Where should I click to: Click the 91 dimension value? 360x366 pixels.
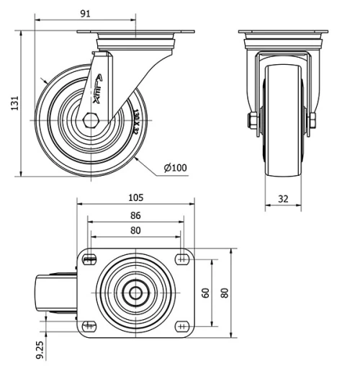point(86,13)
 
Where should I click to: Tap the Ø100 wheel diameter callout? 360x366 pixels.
point(175,168)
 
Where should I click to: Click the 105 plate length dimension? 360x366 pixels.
point(135,197)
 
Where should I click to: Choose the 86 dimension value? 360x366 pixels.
point(135,215)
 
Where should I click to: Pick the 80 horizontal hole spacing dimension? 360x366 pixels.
point(135,231)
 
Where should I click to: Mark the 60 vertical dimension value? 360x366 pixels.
point(205,293)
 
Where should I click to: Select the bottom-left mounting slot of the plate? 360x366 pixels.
point(90,326)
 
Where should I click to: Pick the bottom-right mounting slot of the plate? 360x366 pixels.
point(181,326)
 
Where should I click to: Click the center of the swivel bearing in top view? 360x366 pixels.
point(135,293)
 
